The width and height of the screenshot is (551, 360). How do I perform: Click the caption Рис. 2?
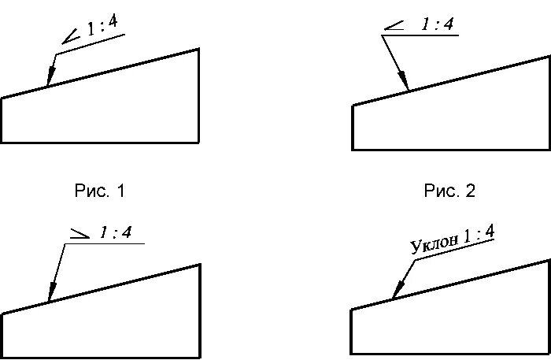(449, 191)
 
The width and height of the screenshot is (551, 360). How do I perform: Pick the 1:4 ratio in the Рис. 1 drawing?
(102, 27)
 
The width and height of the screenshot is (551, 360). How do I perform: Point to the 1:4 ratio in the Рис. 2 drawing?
(437, 25)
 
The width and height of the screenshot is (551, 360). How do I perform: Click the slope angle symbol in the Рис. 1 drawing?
(71, 35)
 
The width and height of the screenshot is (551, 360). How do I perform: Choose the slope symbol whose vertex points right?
(80, 233)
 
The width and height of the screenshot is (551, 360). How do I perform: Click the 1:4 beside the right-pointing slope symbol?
(115, 232)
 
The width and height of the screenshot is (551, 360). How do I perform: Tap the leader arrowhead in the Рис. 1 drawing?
(49, 78)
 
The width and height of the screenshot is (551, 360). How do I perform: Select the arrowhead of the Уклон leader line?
(395, 291)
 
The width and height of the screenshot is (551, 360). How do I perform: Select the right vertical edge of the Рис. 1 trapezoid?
(198, 95)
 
